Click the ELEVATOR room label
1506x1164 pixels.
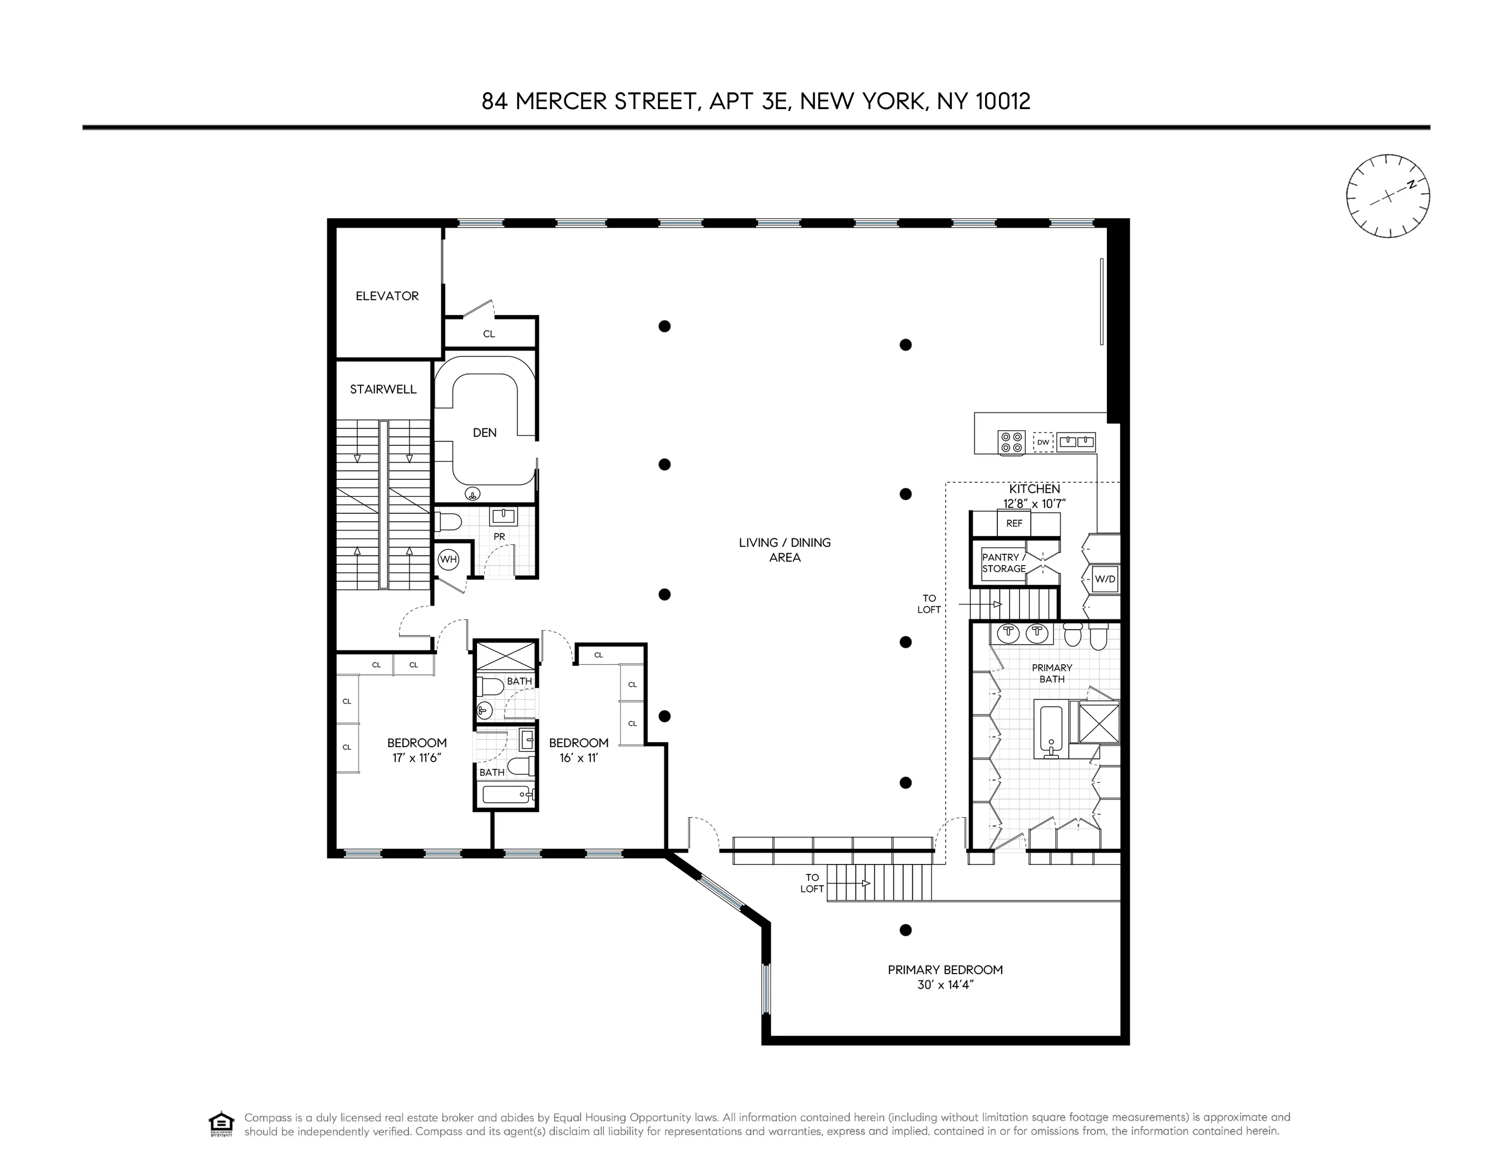coord(387,296)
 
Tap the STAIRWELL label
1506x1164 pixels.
coord(383,389)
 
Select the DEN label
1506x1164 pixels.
coord(484,433)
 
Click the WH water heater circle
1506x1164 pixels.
coord(448,559)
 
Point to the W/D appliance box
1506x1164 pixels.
coord(1105,579)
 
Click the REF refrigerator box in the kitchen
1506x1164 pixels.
coord(1013,523)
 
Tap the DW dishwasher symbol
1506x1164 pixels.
coord(1044,442)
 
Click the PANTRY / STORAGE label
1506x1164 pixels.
coord(1004,563)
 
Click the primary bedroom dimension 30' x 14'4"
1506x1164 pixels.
coord(944,985)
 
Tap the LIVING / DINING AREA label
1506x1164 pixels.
coord(785,549)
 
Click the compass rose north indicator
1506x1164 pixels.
coord(1412,184)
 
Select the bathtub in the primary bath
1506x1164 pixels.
coord(1051,731)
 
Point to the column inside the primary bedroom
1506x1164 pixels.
coord(906,930)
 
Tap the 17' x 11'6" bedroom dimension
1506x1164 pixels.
coord(416,758)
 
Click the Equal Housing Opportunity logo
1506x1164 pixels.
coord(222,1124)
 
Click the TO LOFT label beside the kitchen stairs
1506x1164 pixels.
coord(929,604)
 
